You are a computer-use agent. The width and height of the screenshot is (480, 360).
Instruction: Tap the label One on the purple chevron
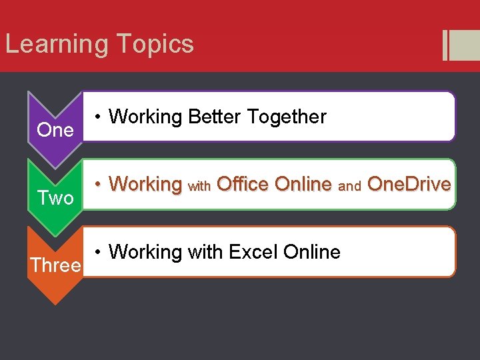[x=55, y=130]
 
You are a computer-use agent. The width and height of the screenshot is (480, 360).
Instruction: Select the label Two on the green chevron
[x=55, y=197]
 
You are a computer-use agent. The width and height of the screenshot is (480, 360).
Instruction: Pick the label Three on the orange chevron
[x=55, y=265]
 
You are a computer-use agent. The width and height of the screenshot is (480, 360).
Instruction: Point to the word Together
[x=287, y=117]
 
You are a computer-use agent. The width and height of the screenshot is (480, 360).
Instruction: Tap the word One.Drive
[x=409, y=183]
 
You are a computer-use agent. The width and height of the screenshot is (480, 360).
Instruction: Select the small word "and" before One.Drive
[x=349, y=186]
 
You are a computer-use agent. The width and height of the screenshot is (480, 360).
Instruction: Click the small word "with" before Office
[x=199, y=186]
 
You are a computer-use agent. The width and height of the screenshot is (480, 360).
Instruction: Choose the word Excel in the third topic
[x=253, y=252]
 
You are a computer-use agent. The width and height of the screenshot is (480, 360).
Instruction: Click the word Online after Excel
[x=311, y=252]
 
